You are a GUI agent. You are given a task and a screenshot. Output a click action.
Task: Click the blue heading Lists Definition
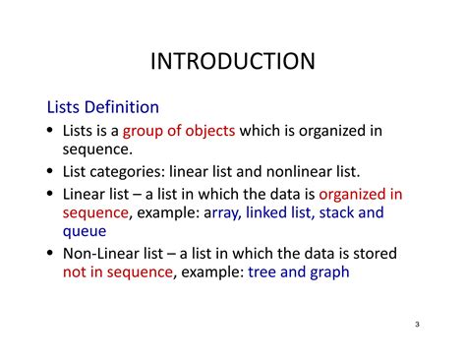coord(103,105)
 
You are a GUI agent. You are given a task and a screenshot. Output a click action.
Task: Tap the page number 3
coord(417,325)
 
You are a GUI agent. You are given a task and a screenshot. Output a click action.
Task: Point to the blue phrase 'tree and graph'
coord(299,271)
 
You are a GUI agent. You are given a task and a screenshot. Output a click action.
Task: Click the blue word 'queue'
coord(85,231)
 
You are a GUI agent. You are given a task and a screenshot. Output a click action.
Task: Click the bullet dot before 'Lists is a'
coord(52,131)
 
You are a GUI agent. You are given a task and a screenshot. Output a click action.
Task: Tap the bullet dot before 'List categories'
coord(52,172)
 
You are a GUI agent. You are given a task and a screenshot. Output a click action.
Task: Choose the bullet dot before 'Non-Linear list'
coord(52,253)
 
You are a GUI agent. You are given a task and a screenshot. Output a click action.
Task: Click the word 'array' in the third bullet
coord(220,211)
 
